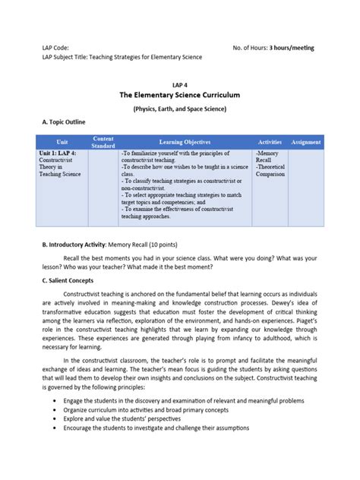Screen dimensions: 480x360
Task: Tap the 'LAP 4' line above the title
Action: [x=180, y=86]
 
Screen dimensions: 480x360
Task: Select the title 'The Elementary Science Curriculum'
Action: [x=180, y=96]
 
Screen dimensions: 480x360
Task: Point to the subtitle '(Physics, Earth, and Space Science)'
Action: [x=180, y=109]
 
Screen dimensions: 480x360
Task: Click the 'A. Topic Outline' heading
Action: [x=64, y=122]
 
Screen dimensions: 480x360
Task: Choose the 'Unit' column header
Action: [x=62, y=142]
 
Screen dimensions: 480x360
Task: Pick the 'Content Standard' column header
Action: [x=103, y=142]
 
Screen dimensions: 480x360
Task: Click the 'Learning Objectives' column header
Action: [x=185, y=142]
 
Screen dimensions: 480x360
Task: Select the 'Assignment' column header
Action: [x=305, y=142]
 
